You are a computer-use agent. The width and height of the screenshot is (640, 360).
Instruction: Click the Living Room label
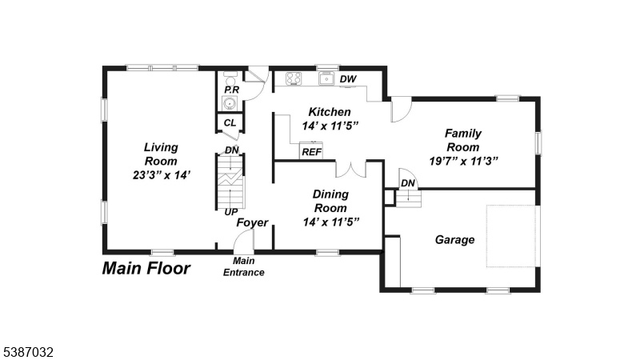(x=161, y=154)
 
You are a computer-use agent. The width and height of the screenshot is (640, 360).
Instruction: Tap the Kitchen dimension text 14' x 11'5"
(x=330, y=126)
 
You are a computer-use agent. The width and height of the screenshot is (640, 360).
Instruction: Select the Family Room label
(x=463, y=140)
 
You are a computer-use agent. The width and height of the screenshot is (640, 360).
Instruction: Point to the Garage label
(x=454, y=239)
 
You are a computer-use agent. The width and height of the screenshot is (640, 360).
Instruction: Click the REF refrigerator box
(x=311, y=150)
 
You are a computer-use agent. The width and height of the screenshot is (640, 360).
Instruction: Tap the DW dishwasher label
(x=348, y=79)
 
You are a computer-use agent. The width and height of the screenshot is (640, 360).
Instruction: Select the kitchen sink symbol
(x=326, y=78)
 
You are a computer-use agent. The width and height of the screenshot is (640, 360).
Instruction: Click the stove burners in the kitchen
(x=293, y=78)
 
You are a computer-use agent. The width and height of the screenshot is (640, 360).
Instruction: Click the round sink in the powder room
(x=230, y=103)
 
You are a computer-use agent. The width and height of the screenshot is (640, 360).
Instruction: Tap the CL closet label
(x=230, y=123)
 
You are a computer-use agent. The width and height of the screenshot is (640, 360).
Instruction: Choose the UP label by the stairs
(x=231, y=212)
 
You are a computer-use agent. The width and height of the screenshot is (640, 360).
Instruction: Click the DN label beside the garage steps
(x=408, y=184)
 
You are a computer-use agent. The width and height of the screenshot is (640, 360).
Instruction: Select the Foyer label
(x=252, y=222)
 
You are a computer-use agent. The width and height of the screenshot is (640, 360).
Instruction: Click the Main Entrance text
(x=244, y=266)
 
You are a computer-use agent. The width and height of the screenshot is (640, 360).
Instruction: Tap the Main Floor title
(x=146, y=268)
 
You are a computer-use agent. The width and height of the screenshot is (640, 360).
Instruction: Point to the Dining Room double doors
(x=351, y=170)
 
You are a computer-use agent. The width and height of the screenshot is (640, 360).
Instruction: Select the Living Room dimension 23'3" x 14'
(x=162, y=175)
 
